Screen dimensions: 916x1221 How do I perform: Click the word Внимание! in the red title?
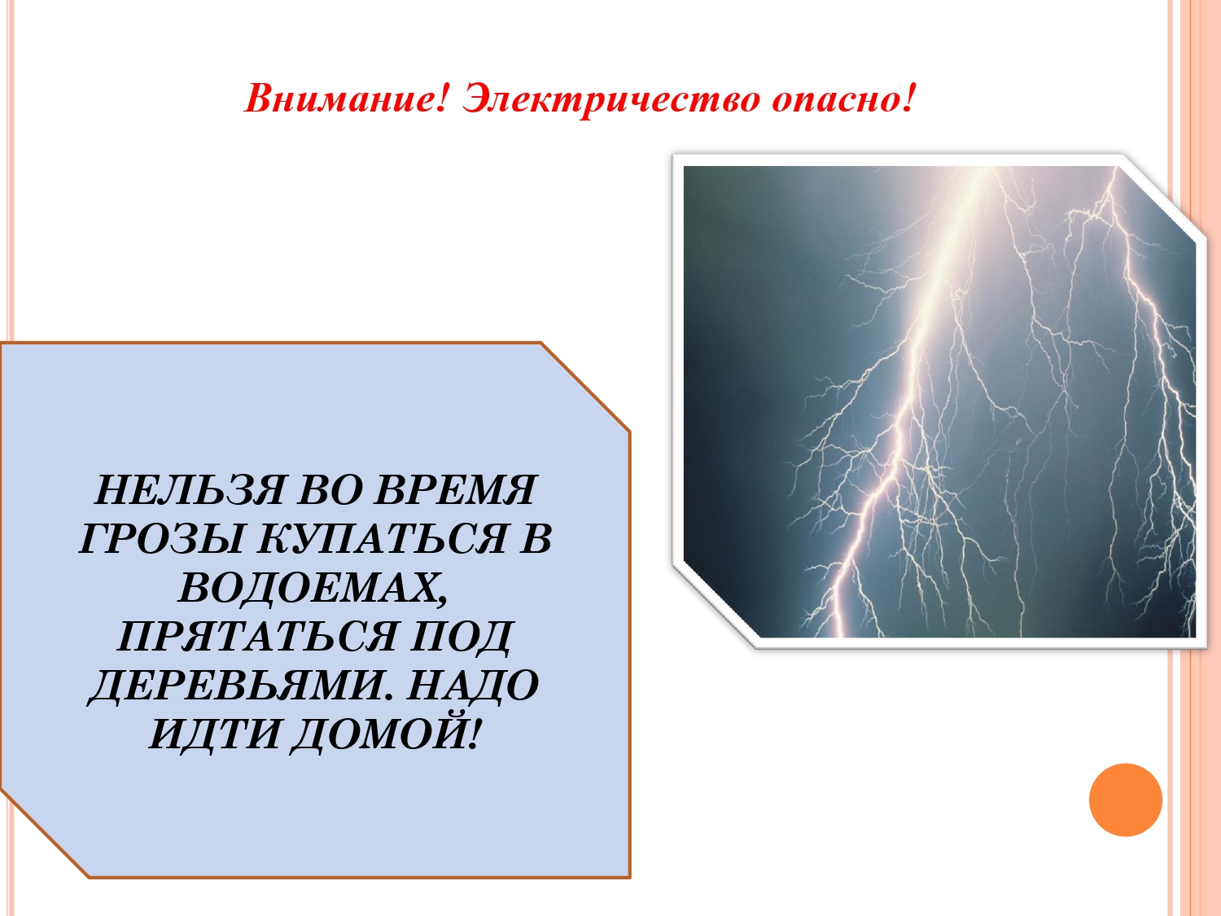point(346,99)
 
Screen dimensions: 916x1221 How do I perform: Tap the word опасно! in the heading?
point(843,99)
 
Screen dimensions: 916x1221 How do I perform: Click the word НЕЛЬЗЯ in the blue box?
point(189,490)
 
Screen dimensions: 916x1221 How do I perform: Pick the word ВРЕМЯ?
point(456,490)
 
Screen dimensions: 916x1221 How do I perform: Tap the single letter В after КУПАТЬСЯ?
point(536,539)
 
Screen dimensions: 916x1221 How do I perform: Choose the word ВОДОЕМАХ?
point(313,588)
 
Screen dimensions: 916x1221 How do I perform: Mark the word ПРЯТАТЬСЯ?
point(256,637)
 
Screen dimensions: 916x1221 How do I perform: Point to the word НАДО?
point(472,686)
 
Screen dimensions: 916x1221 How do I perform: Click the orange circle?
point(1125,800)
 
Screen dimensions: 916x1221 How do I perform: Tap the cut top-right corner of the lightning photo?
point(1164,199)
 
